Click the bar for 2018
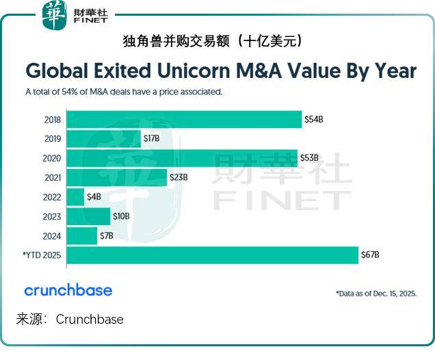(183, 119)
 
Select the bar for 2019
(103, 139)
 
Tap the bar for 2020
(181, 158)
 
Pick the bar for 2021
(116, 177)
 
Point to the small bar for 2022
(75, 197)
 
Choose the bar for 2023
(88, 216)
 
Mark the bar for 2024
(82, 236)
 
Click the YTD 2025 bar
(212, 255)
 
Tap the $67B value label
(370, 255)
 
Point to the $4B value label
(94, 197)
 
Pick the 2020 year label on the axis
(52, 158)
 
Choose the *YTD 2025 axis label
(42, 255)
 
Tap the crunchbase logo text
(68, 290)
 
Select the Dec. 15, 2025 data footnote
(375, 293)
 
